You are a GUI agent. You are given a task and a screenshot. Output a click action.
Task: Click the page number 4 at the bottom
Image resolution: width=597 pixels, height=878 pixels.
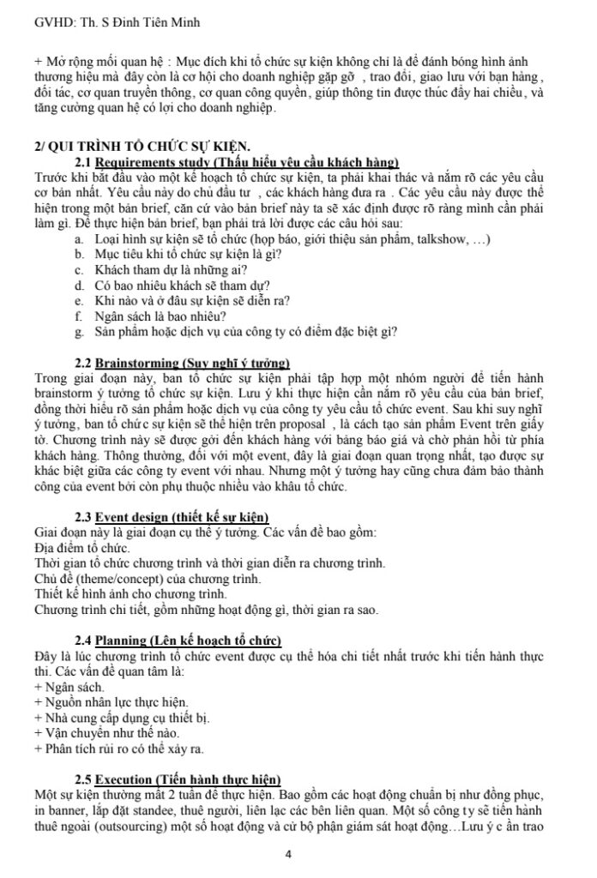(288, 854)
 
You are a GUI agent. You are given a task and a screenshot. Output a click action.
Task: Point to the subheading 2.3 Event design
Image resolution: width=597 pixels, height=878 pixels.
(172, 516)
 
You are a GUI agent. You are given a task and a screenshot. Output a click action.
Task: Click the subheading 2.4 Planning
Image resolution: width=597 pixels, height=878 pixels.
(178, 641)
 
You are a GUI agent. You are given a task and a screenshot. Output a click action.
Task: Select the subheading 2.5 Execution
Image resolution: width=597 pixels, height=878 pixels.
(178, 779)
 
